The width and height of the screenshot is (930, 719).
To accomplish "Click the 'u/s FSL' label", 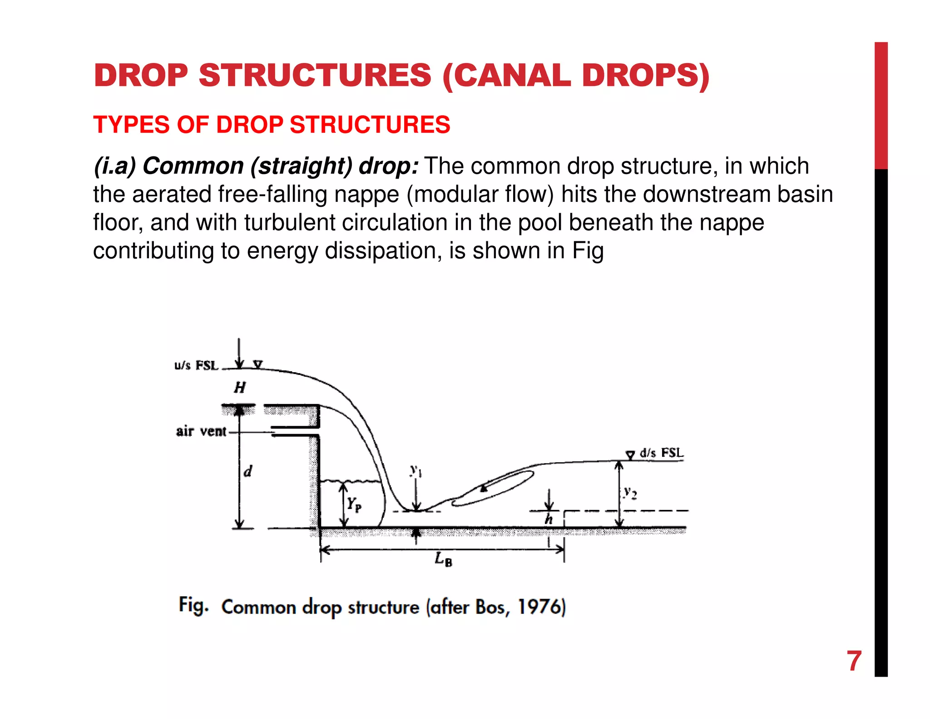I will pyautogui.click(x=196, y=365).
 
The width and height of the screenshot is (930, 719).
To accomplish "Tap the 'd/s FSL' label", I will pyautogui.click(x=661, y=453).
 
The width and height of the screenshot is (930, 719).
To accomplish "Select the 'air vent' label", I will pyautogui.click(x=201, y=431).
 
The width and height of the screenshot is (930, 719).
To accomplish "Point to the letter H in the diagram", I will pyautogui.click(x=240, y=388).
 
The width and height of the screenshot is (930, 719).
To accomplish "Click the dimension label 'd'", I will pyautogui.click(x=247, y=472).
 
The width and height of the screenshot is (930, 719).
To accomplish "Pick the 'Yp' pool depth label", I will pyautogui.click(x=354, y=504).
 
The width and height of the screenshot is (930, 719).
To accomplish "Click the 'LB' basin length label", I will pyautogui.click(x=443, y=559).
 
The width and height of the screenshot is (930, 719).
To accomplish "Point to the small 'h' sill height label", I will pyautogui.click(x=549, y=519).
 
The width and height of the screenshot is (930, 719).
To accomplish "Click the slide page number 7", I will pyautogui.click(x=854, y=661).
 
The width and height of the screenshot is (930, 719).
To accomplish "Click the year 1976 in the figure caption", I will pyautogui.click(x=539, y=607).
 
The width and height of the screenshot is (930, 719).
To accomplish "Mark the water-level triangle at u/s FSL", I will pyautogui.click(x=258, y=364).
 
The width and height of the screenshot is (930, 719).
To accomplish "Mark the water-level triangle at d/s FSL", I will pyautogui.click(x=630, y=454).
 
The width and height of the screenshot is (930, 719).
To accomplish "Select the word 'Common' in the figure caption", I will pyautogui.click(x=258, y=607).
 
